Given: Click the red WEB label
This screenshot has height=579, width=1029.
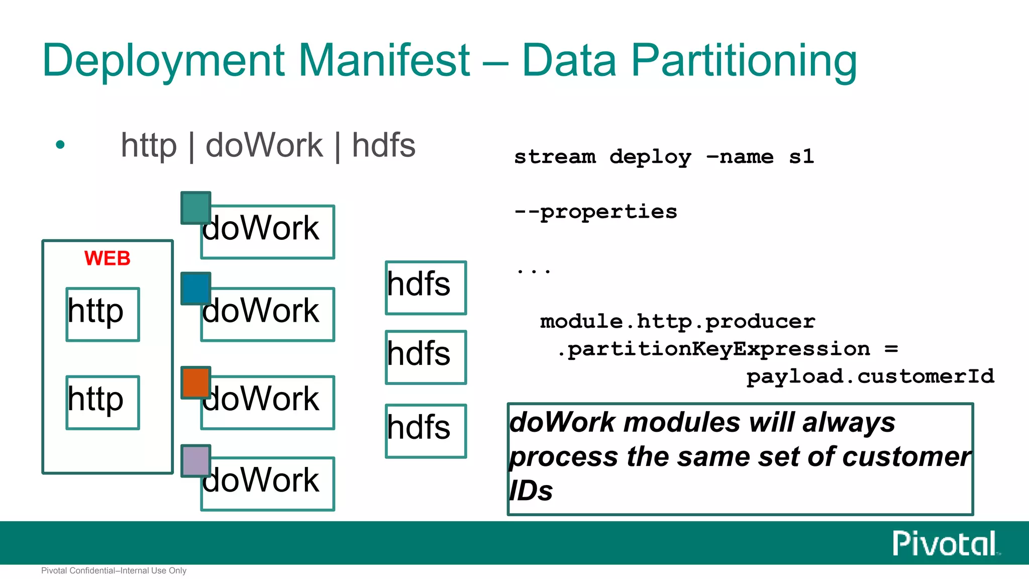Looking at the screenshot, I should pos(107,258).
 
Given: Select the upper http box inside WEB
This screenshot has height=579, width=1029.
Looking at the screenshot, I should pos(102,314).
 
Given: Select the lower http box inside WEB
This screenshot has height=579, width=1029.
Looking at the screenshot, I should pos(102,402).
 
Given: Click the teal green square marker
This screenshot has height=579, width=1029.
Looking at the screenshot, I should pos(195,207).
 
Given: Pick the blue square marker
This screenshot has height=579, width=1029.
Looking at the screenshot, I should pos(195,288).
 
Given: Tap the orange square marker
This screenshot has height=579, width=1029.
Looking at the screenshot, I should pos(195,382).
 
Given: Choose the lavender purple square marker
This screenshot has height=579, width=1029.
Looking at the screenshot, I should pos(195,460).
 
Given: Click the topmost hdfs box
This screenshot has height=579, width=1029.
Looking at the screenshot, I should pos(426,287).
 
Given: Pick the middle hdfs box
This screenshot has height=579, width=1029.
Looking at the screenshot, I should pos(426,357).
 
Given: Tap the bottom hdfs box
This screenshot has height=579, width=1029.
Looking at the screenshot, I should pos(426,431).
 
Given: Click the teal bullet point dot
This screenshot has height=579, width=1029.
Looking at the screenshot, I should pos(60,145).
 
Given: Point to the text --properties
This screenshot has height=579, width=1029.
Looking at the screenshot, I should pos(595,212).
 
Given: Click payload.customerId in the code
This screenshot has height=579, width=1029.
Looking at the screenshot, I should pos(870,376).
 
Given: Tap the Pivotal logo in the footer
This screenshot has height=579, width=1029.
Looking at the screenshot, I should pos(945,543).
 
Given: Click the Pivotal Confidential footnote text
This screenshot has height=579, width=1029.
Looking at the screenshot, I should pos(114,570).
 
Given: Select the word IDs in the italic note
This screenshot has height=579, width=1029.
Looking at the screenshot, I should pos(531,491).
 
